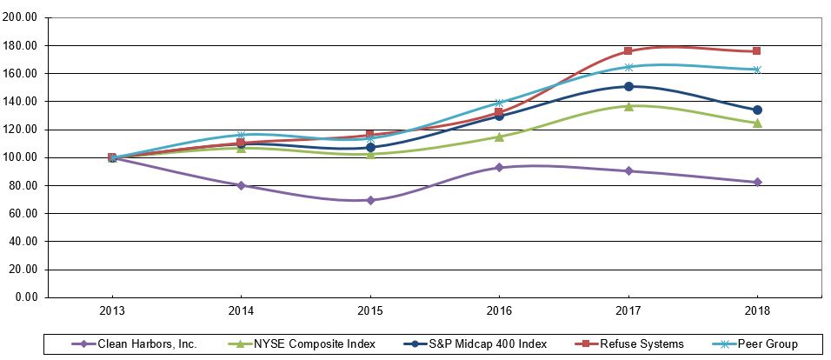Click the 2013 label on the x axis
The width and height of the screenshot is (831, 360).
coord(112,310)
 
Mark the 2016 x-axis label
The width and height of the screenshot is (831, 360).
coord(499,310)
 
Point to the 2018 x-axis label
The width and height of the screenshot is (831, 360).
coord(756,310)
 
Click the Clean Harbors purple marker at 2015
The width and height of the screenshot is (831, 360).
coord(370,200)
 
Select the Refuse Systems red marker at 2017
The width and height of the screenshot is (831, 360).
coord(628,51)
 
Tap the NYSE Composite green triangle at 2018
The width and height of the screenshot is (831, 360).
coord(757,123)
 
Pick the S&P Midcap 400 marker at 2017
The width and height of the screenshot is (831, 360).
coord(628,86)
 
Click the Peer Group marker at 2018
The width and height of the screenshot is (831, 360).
coord(757,70)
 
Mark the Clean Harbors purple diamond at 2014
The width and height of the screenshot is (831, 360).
coord(241,185)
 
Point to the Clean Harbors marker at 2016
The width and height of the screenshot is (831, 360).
coord(499,167)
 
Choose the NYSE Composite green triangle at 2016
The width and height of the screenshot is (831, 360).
coord(499,137)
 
